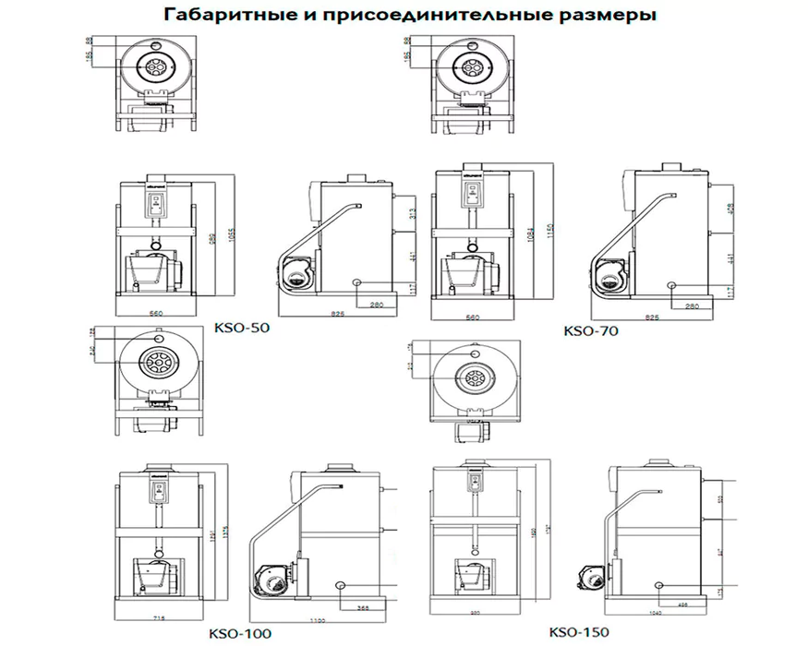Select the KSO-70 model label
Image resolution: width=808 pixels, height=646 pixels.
(590, 329)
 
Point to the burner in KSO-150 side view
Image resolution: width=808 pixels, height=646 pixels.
(590, 569)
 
